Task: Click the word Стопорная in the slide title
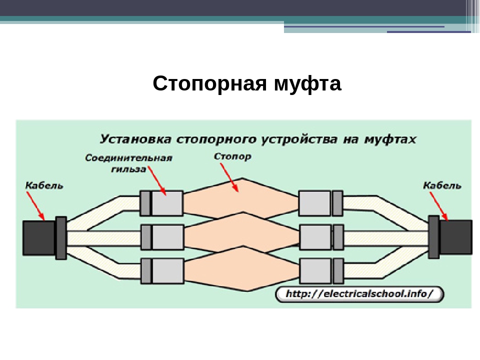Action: click(x=209, y=83)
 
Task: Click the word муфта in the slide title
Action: click(x=307, y=83)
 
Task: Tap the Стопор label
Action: click(x=232, y=156)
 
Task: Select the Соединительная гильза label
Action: click(x=128, y=163)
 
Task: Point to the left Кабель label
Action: click(x=44, y=185)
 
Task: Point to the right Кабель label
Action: click(x=442, y=185)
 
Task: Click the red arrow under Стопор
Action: click(x=229, y=177)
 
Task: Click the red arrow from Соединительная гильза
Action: click(x=157, y=181)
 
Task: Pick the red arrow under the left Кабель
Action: click(x=35, y=205)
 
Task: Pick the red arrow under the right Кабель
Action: click(x=438, y=206)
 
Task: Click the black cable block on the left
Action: click(x=39, y=238)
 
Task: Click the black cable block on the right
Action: click(x=456, y=237)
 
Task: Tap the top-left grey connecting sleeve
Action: click(x=161, y=203)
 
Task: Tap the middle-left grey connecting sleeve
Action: click(x=162, y=237)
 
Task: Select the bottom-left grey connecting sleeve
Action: click(x=162, y=271)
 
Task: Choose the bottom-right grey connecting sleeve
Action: click(x=321, y=271)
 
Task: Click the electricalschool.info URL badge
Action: click(x=359, y=294)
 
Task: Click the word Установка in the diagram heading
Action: click(x=135, y=139)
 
